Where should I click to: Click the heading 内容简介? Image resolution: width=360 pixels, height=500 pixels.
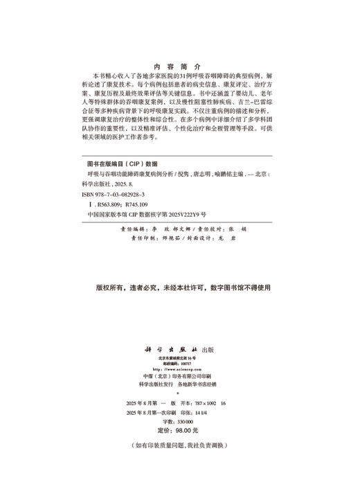pos(179,60)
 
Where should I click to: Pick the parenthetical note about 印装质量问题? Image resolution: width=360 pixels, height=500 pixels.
pos(179,445)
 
